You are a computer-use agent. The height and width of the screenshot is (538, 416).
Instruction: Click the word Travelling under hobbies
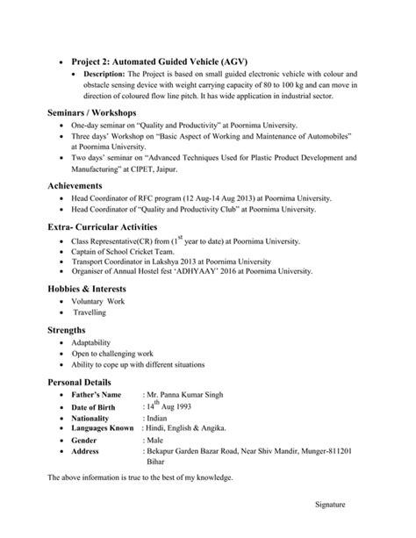click(x=90, y=312)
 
